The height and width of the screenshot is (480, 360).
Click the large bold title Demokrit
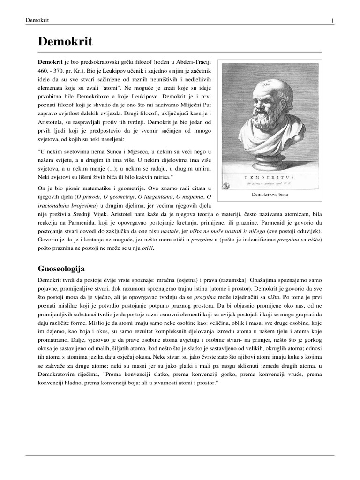point(65,42)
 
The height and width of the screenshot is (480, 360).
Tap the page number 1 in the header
point(332,21)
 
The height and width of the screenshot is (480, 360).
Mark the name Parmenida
point(98,223)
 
